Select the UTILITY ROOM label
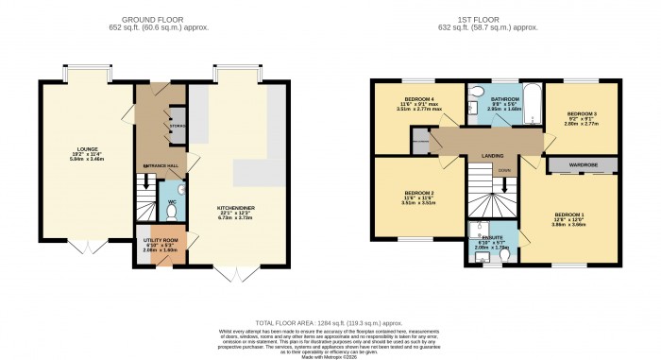161,240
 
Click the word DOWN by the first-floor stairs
504,171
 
